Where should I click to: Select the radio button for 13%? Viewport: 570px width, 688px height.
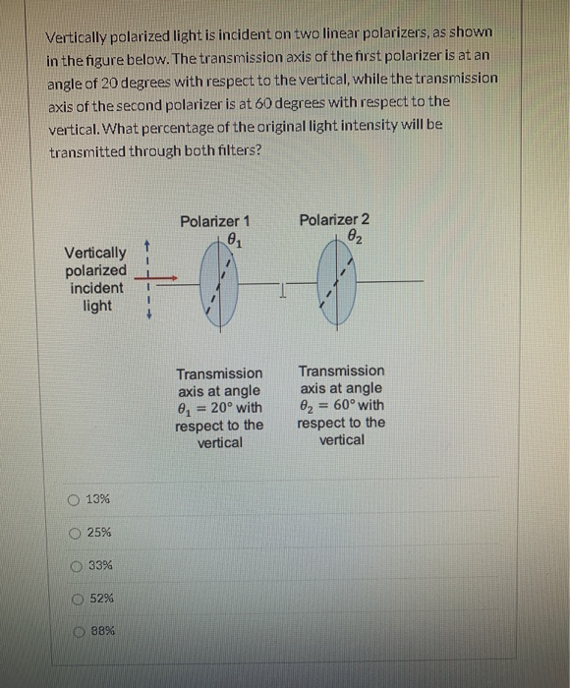click(x=75, y=499)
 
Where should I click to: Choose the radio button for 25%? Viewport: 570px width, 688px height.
click(x=75, y=532)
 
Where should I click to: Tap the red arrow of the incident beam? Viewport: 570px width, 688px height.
click(x=163, y=279)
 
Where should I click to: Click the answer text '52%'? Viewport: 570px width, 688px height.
click(x=101, y=599)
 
